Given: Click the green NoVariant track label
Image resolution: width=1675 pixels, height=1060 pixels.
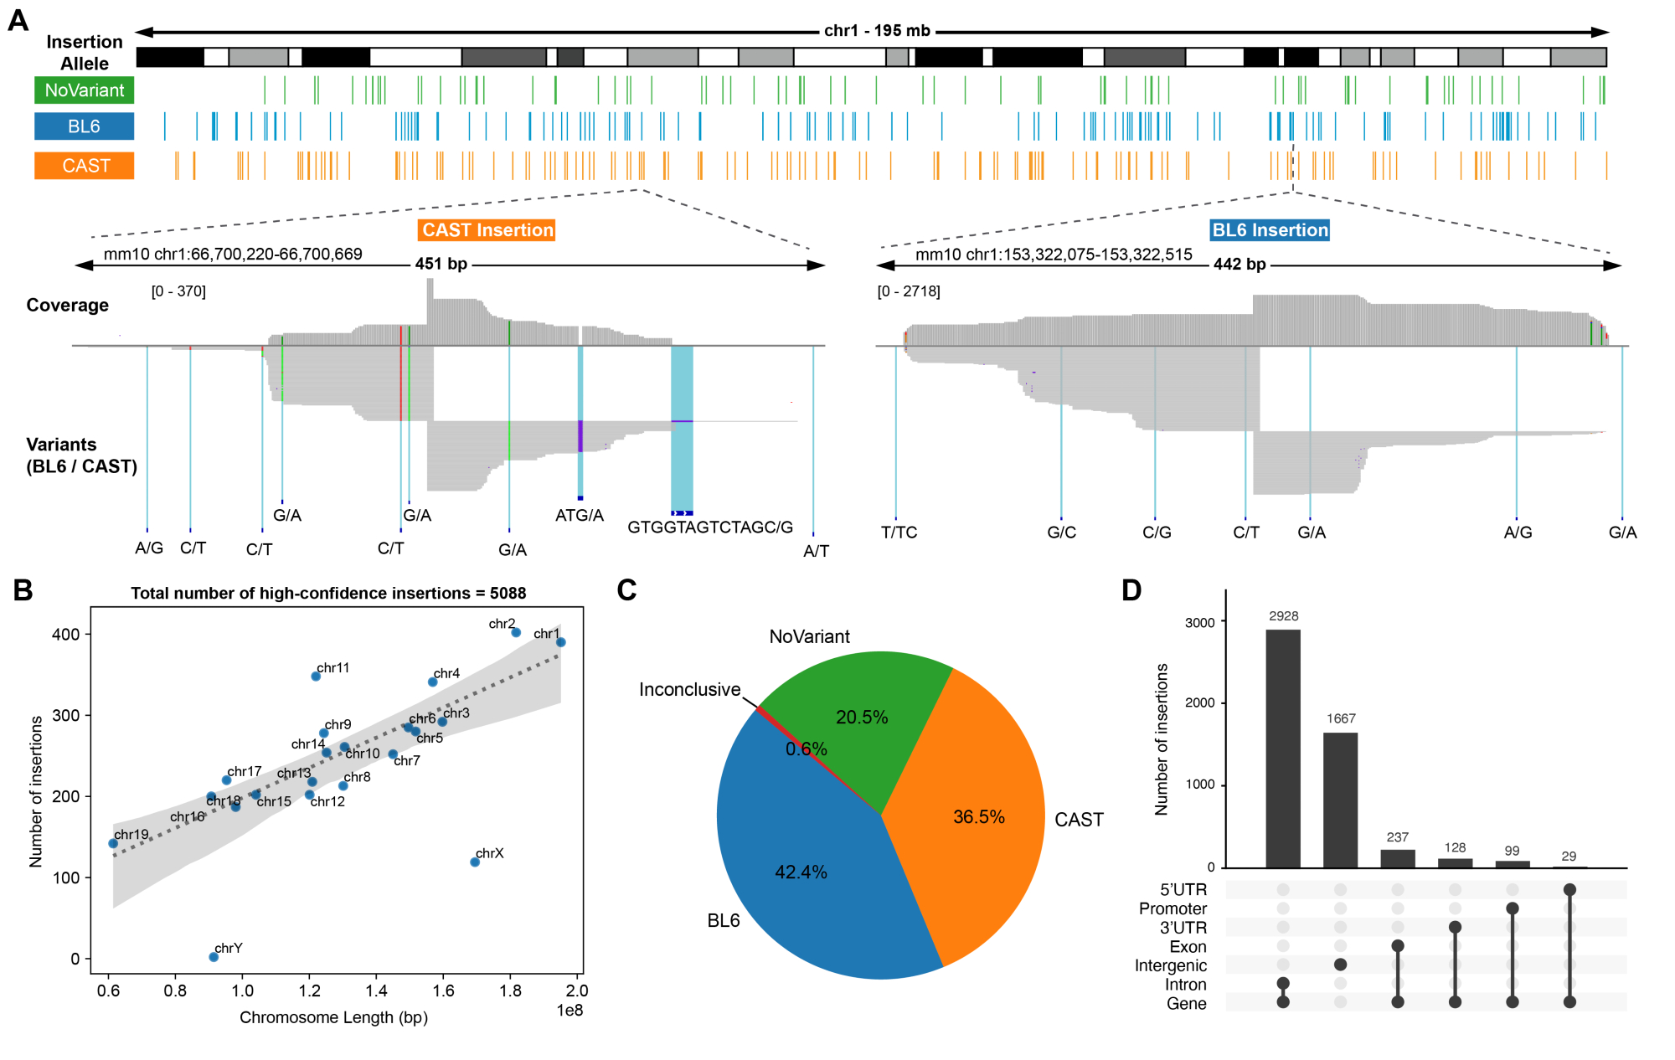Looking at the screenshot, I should (x=84, y=90).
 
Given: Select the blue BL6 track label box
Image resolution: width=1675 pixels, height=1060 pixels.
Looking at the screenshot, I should (x=84, y=126).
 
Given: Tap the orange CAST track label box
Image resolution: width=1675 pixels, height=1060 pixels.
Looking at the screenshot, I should (x=84, y=166).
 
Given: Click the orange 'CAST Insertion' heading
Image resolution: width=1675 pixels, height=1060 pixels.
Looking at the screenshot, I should (x=487, y=230).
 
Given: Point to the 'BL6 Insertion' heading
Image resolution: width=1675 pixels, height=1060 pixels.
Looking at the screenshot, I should (x=1270, y=230).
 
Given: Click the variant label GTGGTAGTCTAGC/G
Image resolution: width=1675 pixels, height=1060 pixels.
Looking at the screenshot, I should (x=709, y=527).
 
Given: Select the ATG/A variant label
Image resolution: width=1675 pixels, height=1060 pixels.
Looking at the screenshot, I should (x=579, y=516).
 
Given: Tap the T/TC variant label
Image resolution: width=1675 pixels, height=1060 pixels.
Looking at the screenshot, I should (x=899, y=533).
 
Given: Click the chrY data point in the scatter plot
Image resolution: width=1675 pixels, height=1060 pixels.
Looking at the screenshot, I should (x=214, y=957).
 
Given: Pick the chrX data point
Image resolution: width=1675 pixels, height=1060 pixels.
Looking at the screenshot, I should (x=475, y=862).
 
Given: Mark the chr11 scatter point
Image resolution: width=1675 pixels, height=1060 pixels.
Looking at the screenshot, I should (x=316, y=677).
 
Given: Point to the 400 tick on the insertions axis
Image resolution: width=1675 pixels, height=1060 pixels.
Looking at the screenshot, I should (x=66, y=635).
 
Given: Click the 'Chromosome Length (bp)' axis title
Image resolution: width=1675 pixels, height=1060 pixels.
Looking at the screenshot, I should (x=333, y=1017).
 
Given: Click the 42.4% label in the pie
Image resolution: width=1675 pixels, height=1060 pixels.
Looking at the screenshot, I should (x=801, y=872).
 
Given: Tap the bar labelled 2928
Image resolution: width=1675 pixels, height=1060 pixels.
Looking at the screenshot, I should (x=1283, y=749).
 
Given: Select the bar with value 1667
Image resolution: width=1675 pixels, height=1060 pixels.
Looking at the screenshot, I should (x=1340, y=800).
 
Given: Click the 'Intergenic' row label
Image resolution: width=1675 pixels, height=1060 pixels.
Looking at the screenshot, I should (x=1170, y=965).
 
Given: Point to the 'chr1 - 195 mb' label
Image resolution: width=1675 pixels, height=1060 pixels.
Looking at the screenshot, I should (x=877, y=31).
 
